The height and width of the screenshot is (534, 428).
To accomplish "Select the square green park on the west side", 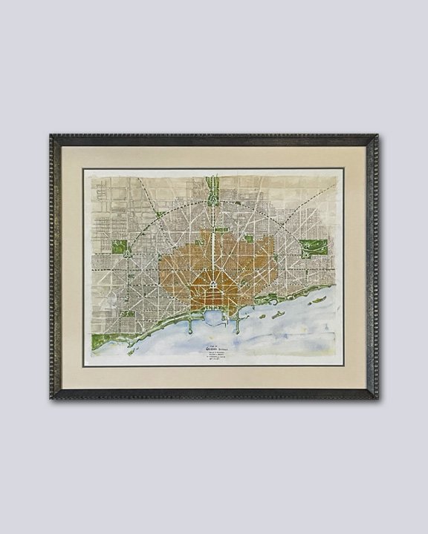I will (x=120, y=249).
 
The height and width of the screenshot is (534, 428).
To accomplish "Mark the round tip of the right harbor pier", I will (x=237, y=329).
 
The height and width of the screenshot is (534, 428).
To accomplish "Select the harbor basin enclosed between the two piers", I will (x=214, y=319).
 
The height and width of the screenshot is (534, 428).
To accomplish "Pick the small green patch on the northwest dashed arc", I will (x=158, y=216).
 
